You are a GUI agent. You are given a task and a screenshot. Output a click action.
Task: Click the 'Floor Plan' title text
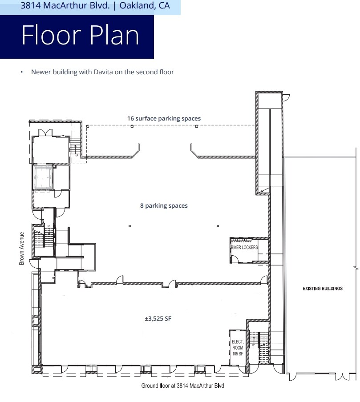click(x=80, y=36)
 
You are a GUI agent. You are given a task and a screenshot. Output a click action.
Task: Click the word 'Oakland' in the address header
click(x=133, y=6)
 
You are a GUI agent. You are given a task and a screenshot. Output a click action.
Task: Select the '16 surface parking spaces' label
click(x=164, y=118)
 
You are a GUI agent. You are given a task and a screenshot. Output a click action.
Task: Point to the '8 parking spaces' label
click(x=164, y=205)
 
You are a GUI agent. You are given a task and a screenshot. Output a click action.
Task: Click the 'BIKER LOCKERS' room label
click(x=244, y=247)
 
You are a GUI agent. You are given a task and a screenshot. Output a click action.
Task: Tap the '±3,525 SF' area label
click(x=158, y=318)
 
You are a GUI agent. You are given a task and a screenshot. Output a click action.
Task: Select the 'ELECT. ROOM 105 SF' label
click(x=237, y=348)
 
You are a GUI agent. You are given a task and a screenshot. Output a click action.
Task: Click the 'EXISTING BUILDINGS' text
click(x=322, y=289)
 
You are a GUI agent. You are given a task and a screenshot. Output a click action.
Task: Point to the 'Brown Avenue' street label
click(x=21, y=249)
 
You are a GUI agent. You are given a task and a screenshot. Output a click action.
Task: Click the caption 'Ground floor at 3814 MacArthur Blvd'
click(x=182, y=386)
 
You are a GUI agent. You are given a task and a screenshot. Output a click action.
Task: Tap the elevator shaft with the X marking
click(x=43, y=177)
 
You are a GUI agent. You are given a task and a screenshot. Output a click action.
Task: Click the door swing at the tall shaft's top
click(x=286, y=96)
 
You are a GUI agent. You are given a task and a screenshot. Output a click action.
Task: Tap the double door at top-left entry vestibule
click(x=45, y=133)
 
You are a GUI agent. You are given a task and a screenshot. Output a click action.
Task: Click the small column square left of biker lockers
click(x=218, y=226)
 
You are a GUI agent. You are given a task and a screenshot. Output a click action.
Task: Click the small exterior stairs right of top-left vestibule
click(x=75, y=147)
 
